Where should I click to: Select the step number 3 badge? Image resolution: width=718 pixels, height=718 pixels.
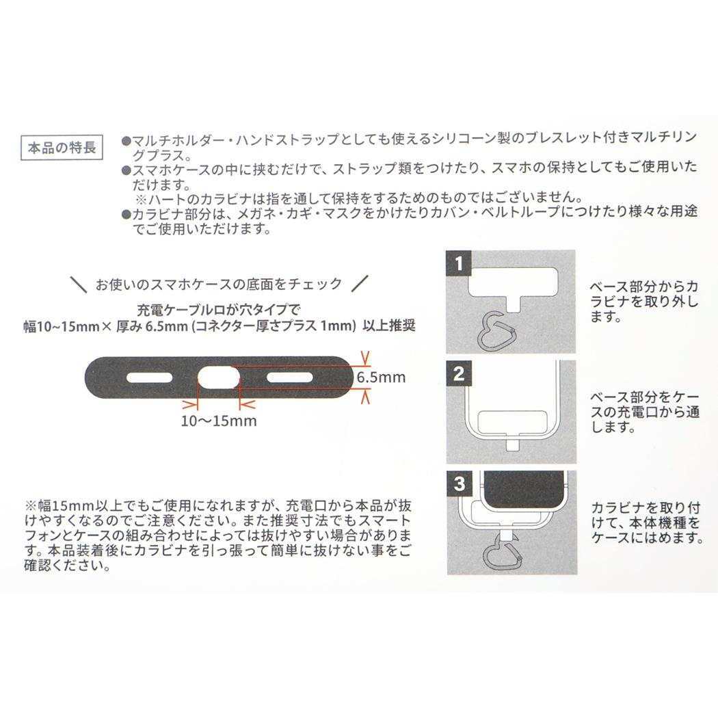(x=459, y=483)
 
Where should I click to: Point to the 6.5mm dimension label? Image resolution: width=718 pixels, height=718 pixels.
(x=381, y=377)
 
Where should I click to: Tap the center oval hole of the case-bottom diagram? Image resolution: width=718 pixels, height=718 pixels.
(x=219, y=377)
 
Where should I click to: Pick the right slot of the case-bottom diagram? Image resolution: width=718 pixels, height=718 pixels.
(x=289, y=377)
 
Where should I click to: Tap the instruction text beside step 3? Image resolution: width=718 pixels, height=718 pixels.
(x=646, y=522)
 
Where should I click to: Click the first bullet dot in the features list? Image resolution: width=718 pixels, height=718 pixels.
(x=125, y=139)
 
